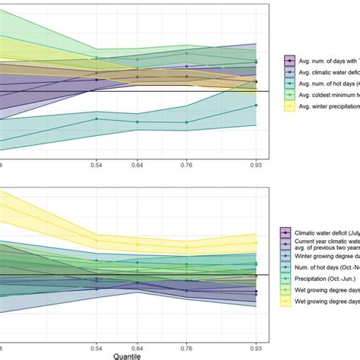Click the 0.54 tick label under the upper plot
point(96,165)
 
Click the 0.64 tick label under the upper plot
point(137,165)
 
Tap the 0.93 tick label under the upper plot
point(256,165)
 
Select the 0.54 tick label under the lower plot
point(96,346)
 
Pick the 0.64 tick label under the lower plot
point(137,346)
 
